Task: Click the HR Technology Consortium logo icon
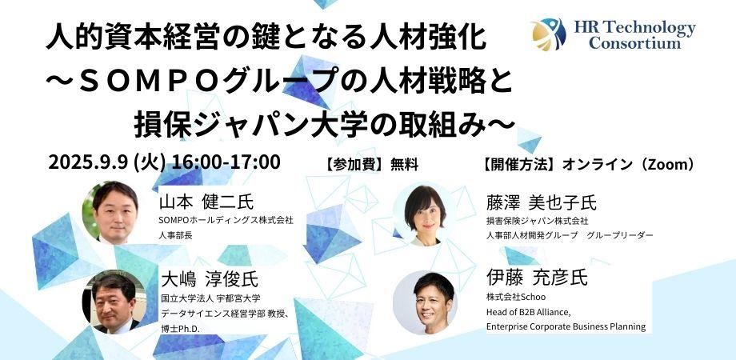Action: (549, 34)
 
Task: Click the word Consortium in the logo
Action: (634, 43)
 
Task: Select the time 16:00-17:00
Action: (226, 162)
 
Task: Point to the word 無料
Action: (404, 165)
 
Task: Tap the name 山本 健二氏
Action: (206, 202)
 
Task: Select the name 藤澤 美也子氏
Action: (542, 202)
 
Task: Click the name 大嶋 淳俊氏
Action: (209, 280)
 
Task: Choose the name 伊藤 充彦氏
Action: (537, 278)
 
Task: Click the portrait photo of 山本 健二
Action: (112, 213)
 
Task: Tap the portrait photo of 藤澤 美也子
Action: (424, 215)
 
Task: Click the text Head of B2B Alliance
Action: (529, 312)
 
